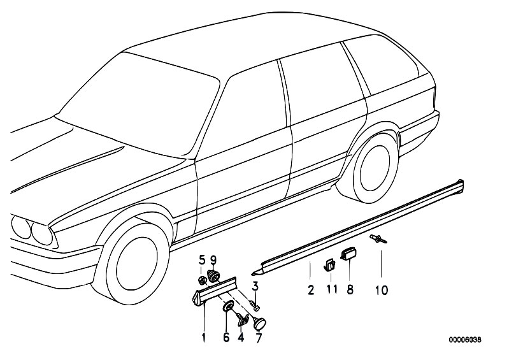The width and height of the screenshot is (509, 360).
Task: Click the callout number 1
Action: pyautogui.click(x=203, y=338)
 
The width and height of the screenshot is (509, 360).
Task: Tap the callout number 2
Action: pyautogui.click(x=311, y=290)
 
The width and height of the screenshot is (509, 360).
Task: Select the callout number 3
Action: pyautogui.click(x=255, y=286)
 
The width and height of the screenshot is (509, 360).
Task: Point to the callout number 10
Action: pyautogui.click(x=382, y=290)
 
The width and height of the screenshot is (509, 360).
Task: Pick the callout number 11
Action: pyautogui.click(x=332, y=289)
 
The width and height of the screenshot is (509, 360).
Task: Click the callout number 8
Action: pyautogui.click(x=350, y=289)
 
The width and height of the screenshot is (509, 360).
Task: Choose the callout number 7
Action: pyautogui.click(x=259, y=338)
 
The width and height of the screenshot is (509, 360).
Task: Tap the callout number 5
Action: pyautogui.click(x=202, y=260)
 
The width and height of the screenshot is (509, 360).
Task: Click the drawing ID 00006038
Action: pyautogui.click(x=465, y=340)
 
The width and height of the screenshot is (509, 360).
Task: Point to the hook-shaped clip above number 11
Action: pyautogui.click(x=329, y=264)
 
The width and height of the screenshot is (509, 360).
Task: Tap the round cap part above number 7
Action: pyautogui.click(x=260, y=322)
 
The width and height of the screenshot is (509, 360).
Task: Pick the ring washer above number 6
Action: pyautogui.click(x=229, y=305)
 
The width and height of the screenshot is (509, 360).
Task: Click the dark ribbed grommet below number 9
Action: pyautogui.click(x=213, y=277)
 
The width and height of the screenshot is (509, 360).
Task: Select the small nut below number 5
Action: pyautogui.click(x=203, y=280)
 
